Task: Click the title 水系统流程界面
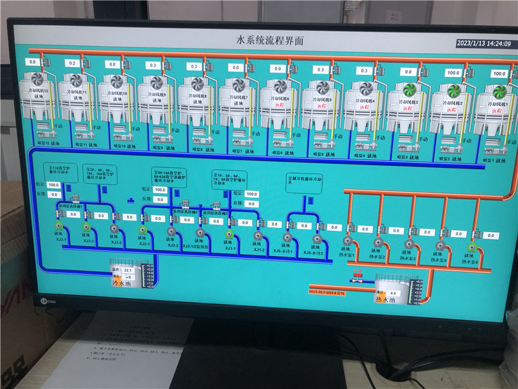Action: pyautogui.click(x=270, y=41)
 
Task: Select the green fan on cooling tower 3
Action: pyautogui.click(x=409, y=89)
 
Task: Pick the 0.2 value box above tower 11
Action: pyautogui.click(x=71, y=63)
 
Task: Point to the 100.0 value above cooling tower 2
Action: pyautogui.click(x=453, y=73)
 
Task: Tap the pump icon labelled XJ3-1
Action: pyautogui.click(x=59, y=226)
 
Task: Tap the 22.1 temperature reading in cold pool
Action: pyautogui.click(x=128, y=269)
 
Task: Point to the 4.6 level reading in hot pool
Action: pyautogui.click(x=392, y=293)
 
